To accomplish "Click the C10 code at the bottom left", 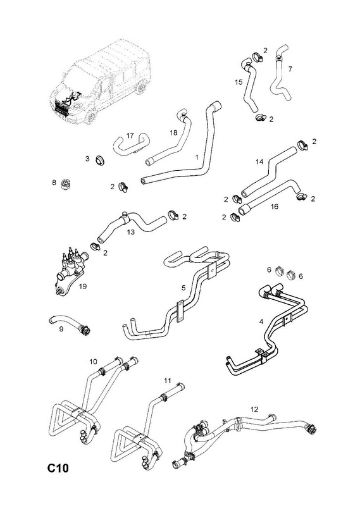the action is pos(58,467).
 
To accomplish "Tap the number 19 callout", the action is pos(83,287).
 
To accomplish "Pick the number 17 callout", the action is pos(130,135).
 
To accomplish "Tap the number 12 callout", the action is pos(254,409).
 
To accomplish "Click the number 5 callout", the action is pos(183,288).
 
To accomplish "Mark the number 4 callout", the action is pos(261,321).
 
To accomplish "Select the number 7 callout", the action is pos(290,69).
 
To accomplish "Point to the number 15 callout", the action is pos(239,82).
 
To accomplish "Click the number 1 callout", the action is pos(196,157).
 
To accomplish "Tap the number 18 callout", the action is pos(173,133).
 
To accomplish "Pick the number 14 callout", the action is pos(259,162).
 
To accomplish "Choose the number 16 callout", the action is pos(274,206).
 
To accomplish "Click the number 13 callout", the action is pos(130,231).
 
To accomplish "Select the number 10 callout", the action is pos(93,361).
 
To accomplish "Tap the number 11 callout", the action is pos(167,381).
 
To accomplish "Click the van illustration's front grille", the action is pos(61,108).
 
